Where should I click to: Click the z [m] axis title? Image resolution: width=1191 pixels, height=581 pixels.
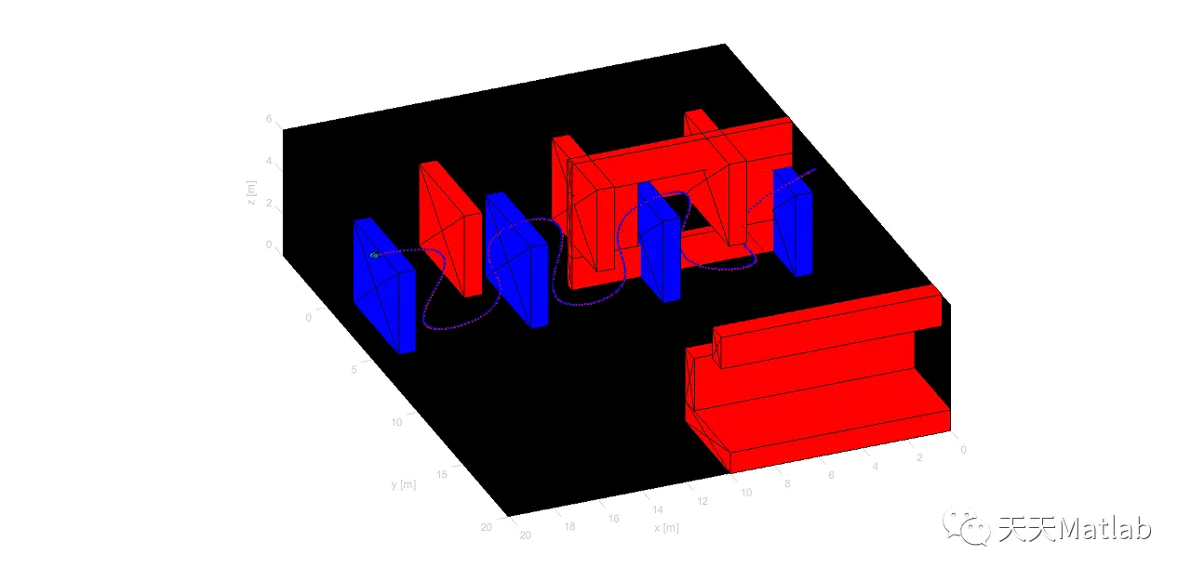click(251, 192)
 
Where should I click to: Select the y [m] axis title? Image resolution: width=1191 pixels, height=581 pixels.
click(404, 484)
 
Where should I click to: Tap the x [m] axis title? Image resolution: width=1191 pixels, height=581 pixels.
click(666, 528)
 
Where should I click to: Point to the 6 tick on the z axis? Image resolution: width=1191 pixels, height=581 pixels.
click(269, 118)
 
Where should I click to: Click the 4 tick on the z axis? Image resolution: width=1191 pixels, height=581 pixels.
click(269, 161)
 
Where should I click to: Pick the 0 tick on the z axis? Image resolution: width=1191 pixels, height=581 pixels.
click(269, 244)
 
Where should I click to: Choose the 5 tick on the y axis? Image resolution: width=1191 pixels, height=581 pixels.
click(354, 370)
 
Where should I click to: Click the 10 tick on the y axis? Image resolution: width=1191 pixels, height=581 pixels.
click(396, 422)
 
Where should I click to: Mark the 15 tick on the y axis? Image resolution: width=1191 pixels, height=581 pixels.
click(442, 474)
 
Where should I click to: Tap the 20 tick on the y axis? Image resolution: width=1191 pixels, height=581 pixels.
click(486, 527)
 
